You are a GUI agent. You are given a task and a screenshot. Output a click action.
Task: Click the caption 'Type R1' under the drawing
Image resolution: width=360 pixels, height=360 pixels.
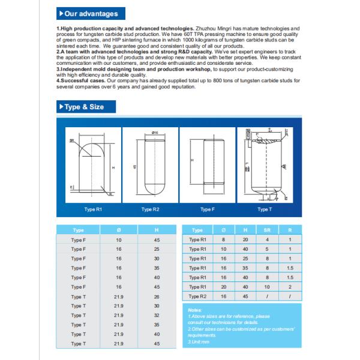pos(88,209)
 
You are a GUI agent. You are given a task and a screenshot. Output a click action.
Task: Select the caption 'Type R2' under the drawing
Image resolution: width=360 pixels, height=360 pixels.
pos(150,209)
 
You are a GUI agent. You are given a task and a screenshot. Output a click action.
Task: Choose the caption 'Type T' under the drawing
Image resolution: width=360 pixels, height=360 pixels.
pos(264,209)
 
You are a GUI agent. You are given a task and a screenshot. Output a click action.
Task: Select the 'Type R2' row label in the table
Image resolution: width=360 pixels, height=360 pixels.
pos(197,296)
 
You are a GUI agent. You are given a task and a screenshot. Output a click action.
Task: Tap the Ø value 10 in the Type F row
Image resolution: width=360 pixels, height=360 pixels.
pos(118,239)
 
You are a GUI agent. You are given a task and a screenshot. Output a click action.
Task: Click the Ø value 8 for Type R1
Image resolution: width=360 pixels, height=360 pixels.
pos(224,239)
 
